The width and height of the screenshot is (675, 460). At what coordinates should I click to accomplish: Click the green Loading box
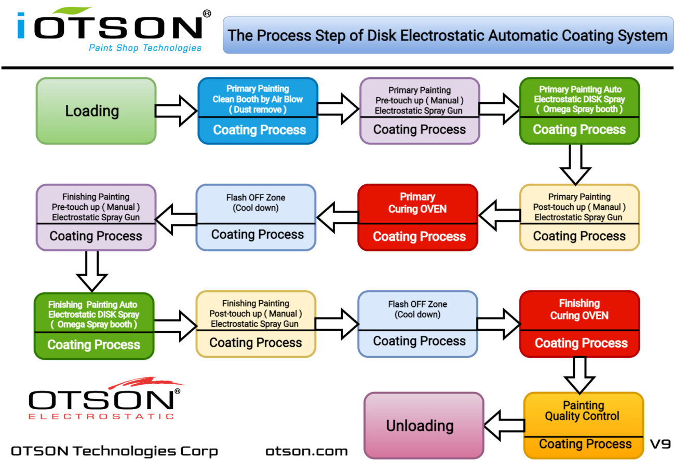pyautogui.click(x=96, y=111)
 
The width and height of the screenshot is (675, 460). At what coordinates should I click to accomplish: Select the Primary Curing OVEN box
pyautogui.click(x=417, y=217)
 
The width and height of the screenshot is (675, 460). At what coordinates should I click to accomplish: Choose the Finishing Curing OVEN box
pyautogui.click(x=579, y=324)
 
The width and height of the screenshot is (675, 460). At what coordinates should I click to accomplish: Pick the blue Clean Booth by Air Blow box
pyautogui.click(x=258, y=111)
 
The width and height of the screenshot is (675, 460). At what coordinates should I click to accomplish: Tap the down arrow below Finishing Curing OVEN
pyautogui.click(x=579, y=374)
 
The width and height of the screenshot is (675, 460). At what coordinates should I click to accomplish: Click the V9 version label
pyautogui.click(x=660, y=444)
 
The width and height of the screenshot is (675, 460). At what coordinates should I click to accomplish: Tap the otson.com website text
pyautogui.click(x=306, y=451)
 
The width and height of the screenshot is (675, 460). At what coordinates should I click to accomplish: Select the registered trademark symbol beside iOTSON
pyautogui.click(x=207, y=14)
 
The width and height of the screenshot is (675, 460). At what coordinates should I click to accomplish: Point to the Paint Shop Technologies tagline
pyautogui.click(x=145, y=48)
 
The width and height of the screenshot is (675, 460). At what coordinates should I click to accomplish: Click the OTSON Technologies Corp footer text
pyautogui.click(x=114, y=451)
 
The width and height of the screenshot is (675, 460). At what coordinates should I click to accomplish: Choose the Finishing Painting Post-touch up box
pyautogui.click(x=255, y=324)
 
